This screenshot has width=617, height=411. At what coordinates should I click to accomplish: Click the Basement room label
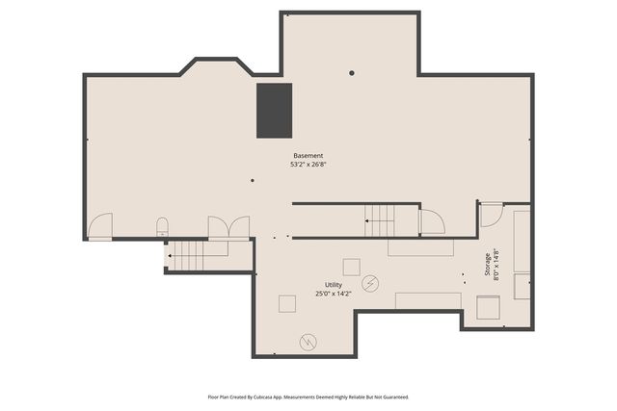pos(308,156)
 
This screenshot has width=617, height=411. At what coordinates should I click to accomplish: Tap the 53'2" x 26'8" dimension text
pos(308,165)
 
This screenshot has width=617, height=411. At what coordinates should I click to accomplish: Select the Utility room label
pos(334,285)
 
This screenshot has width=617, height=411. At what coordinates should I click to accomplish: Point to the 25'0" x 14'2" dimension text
pos(334,294)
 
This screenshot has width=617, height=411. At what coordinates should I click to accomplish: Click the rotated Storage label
pos(488,265)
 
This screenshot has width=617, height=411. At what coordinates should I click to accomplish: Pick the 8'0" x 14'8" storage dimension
pos(496,265)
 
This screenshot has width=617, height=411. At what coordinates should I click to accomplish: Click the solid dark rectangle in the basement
pos(274,111)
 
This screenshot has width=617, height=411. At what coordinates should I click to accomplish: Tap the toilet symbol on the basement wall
pos(162,227)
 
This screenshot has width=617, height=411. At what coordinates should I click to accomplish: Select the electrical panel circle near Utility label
pos(370,283)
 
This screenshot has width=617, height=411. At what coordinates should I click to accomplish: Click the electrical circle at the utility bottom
pos(308,342)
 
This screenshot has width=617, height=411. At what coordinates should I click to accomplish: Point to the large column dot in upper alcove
pos(351,73)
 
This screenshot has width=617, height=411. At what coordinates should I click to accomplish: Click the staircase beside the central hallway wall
pos(380,220)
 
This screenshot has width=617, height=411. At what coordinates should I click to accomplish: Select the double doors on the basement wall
pos(228,227)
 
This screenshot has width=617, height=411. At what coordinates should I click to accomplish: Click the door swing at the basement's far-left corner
pos(100,226)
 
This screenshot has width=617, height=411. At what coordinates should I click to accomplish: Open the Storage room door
pos(492,215)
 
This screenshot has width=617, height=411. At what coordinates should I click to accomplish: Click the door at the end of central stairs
pos(433,221)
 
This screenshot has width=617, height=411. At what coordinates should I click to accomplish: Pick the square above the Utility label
pos(351,268)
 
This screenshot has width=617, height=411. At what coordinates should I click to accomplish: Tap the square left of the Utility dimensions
pos(287,304)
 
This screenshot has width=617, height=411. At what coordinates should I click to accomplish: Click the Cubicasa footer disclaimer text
pos(308,398)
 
